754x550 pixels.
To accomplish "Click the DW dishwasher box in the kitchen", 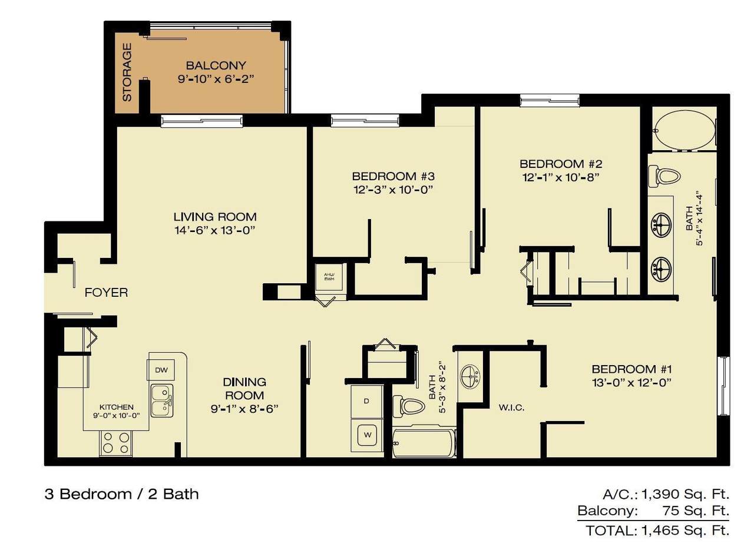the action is point(161,370).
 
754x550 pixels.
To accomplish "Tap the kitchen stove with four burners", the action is point(116,443).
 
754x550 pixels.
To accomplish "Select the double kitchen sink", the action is point(161,400).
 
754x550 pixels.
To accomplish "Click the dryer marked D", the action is point(366,402).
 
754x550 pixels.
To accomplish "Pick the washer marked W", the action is point(367,435).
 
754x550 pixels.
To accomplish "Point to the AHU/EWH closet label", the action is point(329,277).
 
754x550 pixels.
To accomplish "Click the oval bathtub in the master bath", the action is point(684,130).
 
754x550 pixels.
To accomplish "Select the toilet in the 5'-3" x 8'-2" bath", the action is point(409,406).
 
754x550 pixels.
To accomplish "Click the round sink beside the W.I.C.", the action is point(470,376).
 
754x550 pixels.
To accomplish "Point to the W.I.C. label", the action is point(511,408).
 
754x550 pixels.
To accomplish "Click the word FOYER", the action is point(107,293).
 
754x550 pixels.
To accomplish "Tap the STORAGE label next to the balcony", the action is point(127,72).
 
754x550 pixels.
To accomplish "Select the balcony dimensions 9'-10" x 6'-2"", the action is point(216,79).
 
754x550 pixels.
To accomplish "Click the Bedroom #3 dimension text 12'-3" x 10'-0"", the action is point(393,190).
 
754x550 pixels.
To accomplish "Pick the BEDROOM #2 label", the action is point(561,164).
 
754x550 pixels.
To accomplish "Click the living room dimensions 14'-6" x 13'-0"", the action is point(215,231).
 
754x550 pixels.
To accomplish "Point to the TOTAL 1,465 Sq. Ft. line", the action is point(657,531).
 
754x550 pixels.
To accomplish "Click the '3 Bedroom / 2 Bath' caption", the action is point(121,494).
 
